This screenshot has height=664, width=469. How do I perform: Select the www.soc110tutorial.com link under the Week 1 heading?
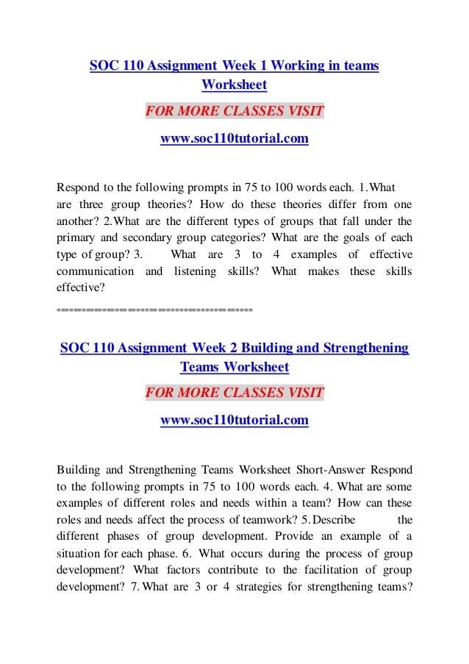pyautogui.click(x=234, y=138)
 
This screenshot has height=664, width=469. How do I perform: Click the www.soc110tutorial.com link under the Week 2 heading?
pyautogui.click(x=234, y=421)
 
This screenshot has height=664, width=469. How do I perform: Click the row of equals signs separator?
pyautogui.click(x=154, y=310)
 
